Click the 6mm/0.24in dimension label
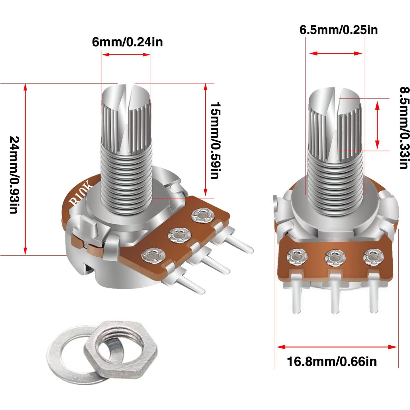[x=127, y=42]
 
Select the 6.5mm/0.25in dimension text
[x=339, y=30]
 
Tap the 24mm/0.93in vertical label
[x=14, y=175]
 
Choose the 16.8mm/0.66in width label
[x=332, y=361]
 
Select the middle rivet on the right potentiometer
[x=335, y=257]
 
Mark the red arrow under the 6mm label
[x=126, y=54]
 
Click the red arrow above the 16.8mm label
[x=337, y=347]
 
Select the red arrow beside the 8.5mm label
[x=378, y=125]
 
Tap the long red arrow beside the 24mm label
[x=25, y=169]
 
